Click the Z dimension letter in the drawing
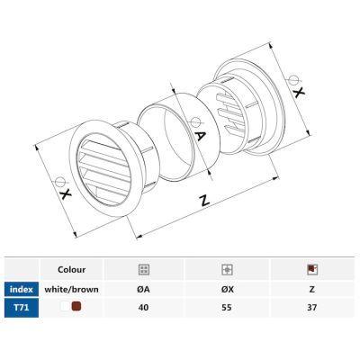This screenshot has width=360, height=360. tap(204, 200)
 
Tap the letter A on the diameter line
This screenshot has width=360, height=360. tap(199, 136)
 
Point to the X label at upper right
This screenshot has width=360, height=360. tap(298, 92)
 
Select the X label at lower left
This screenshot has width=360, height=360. tap(65, 194)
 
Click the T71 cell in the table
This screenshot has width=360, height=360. tap(22, 308)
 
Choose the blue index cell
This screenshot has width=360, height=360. tap(22, 290)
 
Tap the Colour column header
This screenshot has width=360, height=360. tap(71, 269)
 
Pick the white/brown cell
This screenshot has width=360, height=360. tap(71, 290)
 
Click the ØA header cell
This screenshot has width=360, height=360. tap(144, 290)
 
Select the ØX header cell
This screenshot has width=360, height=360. tap(228, 290)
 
